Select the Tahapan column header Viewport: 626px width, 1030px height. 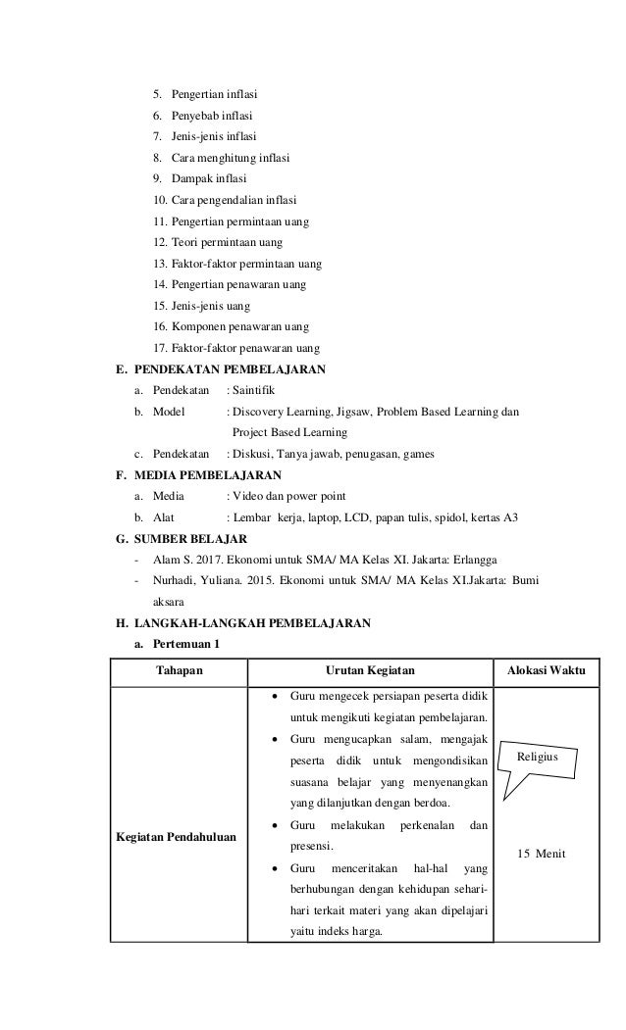tap(179, 670)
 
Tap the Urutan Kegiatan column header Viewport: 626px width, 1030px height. tap(369, 670)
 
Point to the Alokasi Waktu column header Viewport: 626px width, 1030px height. tap(546, 670)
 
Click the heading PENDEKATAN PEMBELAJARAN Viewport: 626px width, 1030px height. tap(230, 369)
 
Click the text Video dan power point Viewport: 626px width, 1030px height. tap(289, 496)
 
